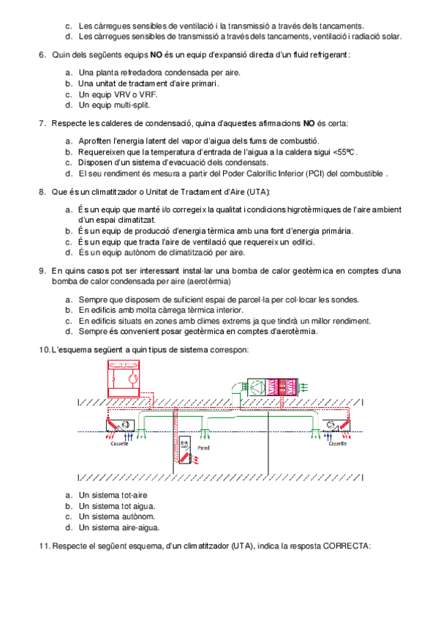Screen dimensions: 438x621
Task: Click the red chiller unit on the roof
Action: click(124, 378)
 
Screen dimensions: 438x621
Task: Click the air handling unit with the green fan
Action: click(273, 387)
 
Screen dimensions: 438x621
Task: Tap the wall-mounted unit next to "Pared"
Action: click(184, 450)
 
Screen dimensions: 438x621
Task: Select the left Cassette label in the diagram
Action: click(119, 444)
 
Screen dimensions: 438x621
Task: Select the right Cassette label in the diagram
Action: click(338, 444)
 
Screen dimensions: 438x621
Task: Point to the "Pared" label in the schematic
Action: click(203, 448)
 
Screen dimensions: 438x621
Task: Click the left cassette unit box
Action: click(120, 425)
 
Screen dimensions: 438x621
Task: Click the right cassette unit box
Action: click(336, 425)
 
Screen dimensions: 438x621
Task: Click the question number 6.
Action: click(42, 55)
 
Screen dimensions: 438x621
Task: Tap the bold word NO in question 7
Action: click(309, 123)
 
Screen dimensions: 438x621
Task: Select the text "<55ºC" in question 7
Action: click(344, 152)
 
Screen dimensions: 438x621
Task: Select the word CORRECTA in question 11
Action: click(346, 546)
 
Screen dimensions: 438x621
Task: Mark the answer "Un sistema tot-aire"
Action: click(113, 495)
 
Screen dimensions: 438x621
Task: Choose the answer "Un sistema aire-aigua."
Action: click(119, 527)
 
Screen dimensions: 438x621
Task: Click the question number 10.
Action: click(45, 350)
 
